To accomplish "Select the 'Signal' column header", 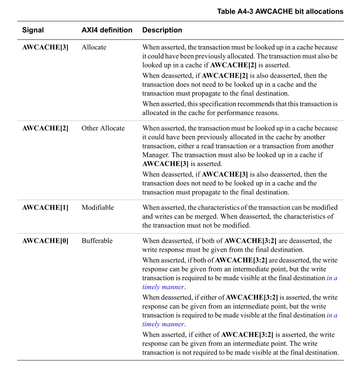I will pos(33,30).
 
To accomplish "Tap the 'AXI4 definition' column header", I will pos(107,30).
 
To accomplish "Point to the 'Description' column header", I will pos(162,30).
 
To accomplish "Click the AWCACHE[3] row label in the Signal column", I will pos(45,48).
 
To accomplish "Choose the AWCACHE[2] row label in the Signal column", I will pos(45,128).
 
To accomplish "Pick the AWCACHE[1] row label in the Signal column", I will pos(45,207).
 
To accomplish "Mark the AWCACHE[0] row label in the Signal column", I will pos(45,240).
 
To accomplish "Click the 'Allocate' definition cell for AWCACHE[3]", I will pos(94,48).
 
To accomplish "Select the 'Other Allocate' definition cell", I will pos(103,128).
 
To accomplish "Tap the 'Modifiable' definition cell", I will pos(98,207).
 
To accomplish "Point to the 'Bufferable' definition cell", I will pos(97,240).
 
